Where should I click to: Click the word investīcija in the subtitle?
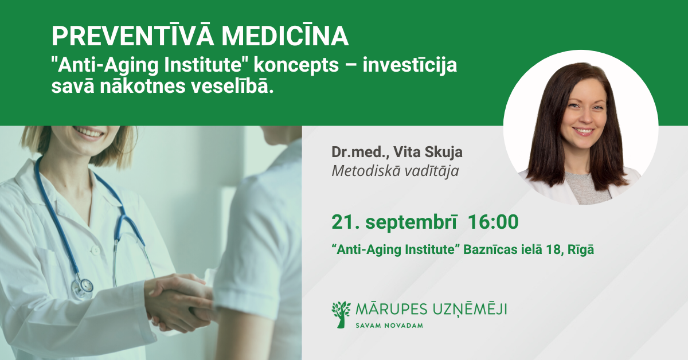coord(409,65)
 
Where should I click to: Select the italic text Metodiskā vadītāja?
coord(395,171)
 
